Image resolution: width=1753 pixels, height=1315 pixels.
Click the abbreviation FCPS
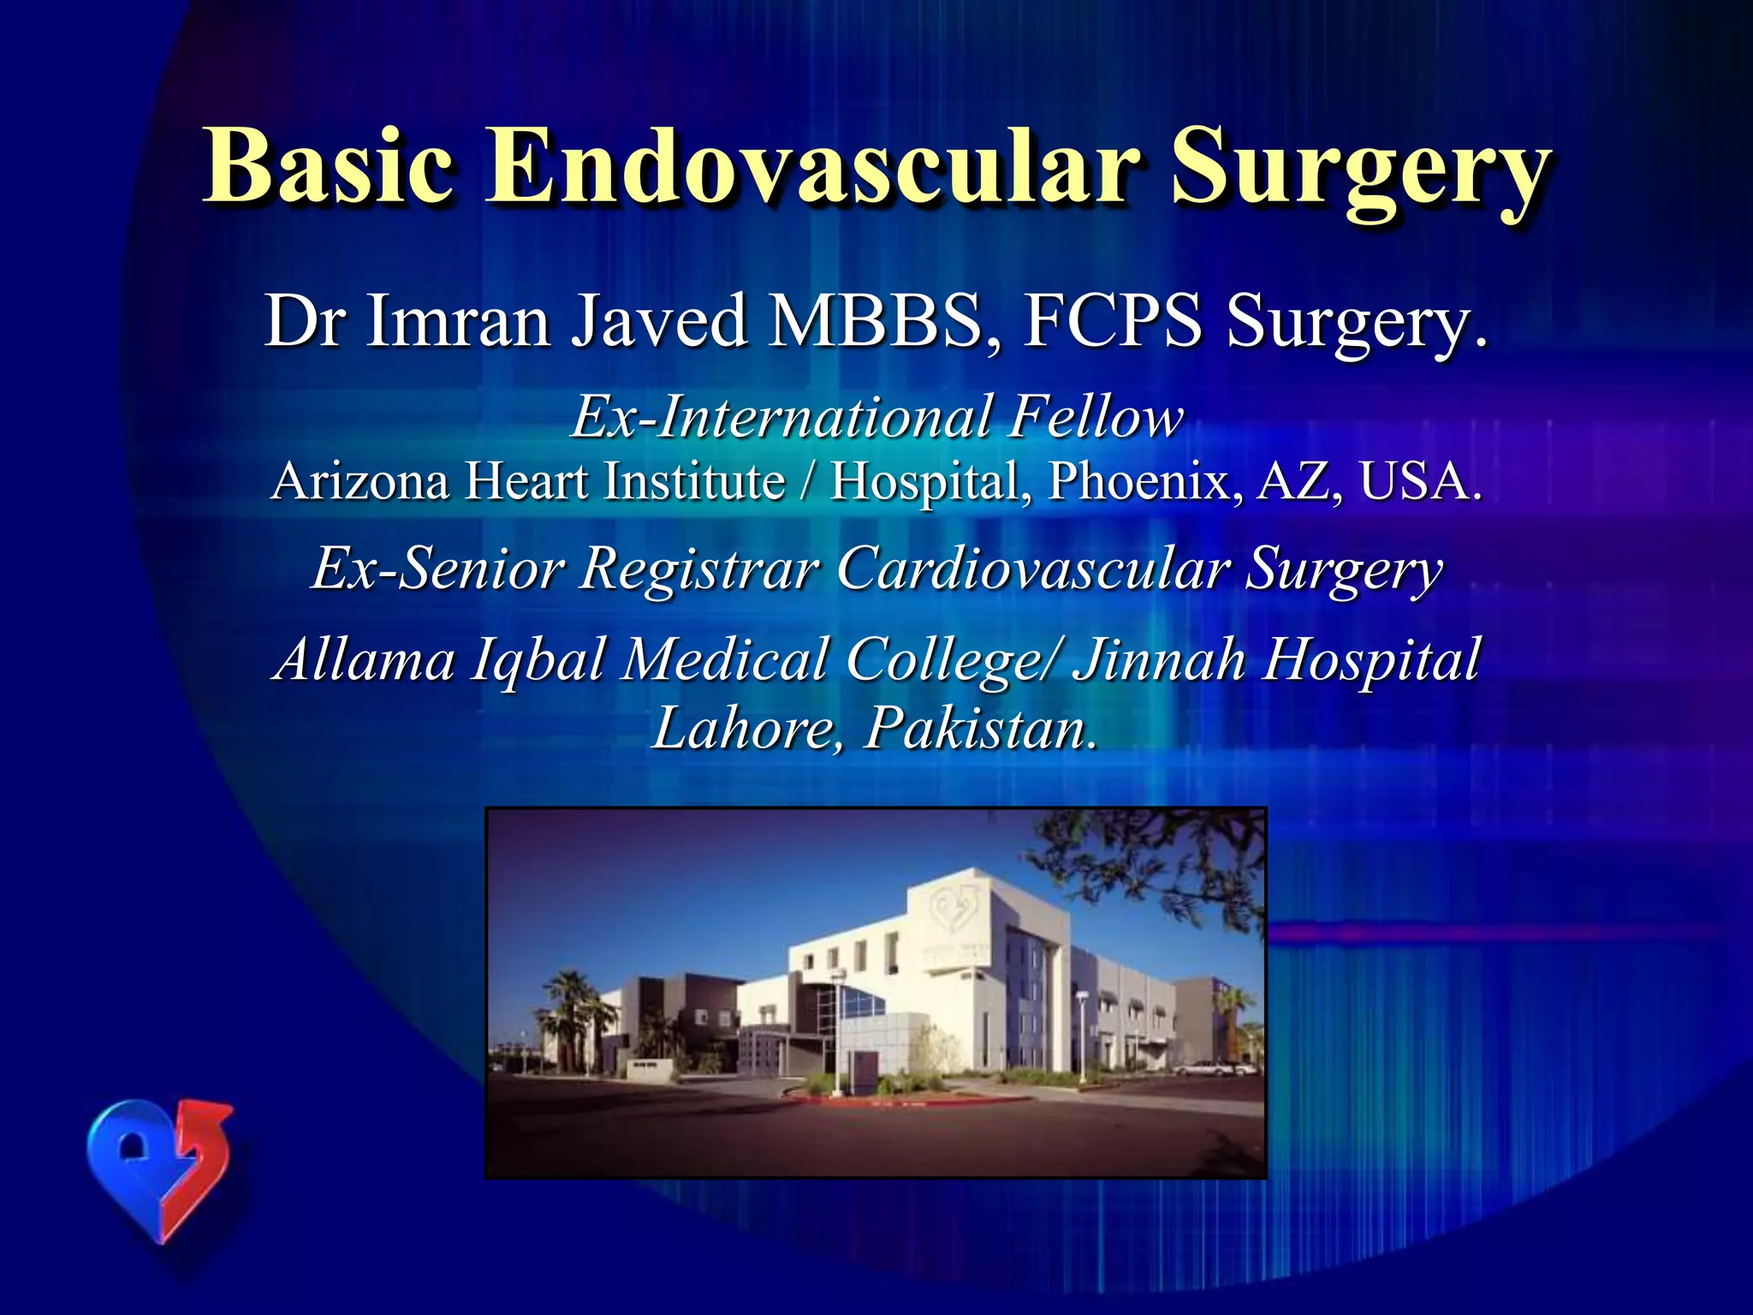click(x=1112, y=321)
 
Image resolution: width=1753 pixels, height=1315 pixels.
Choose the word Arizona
click(x=360, y=480)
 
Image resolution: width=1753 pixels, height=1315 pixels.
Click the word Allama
click(x=364, y=659)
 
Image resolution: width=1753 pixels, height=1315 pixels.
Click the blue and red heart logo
click(x=159, y=1164)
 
